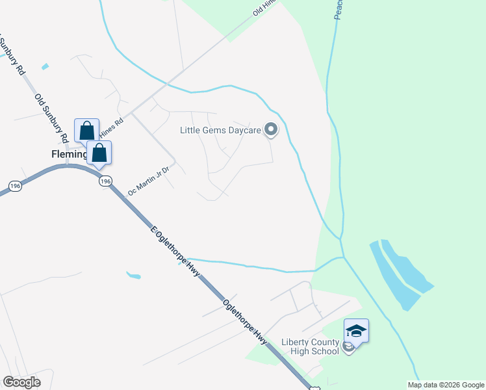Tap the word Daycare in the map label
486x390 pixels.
243,130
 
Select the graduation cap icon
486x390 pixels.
356,331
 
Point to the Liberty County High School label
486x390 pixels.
310,346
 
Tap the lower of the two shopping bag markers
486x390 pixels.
99,153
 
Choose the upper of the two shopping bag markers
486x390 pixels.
86,131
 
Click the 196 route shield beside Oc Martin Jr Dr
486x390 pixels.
106,181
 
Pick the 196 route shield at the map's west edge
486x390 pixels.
15,187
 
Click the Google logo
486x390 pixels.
21,382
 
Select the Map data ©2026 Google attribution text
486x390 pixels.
446,385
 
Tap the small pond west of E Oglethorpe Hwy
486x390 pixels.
134,276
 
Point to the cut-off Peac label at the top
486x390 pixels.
339,10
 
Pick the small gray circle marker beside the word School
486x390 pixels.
348,348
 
